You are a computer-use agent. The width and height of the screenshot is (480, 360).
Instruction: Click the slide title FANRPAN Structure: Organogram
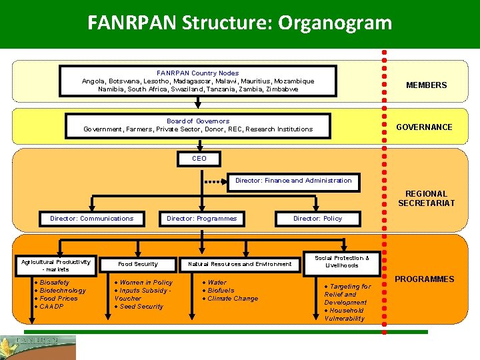click(239, 23)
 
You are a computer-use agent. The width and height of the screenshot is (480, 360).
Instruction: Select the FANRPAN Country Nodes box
click(198, 81)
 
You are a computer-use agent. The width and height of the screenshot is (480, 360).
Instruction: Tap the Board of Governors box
click(198, 125)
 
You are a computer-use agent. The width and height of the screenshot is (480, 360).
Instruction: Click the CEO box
click(199, 159)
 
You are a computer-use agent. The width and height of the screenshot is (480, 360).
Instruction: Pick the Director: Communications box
click(91, 219)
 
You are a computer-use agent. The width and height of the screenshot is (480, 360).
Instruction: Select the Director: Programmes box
click(201, 219)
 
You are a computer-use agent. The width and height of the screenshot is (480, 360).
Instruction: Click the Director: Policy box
click(317, 219)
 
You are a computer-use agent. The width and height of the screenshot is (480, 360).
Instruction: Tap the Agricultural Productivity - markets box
click(56, 265)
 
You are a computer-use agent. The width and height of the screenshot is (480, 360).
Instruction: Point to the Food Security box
click(138, 264)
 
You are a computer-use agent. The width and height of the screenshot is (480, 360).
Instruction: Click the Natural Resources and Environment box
click(239, 264)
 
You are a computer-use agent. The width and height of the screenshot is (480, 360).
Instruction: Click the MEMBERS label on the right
click(427, 85)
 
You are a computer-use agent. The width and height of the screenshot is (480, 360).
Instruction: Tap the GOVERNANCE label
click(424, 127)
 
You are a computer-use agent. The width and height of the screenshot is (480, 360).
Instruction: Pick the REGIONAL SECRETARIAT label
click(426, 199)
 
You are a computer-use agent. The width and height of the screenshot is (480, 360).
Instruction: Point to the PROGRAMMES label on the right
click(424, 279)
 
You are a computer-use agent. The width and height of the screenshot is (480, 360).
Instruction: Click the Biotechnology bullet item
click(63, 291)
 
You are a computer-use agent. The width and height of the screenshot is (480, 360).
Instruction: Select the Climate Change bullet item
click(233, 299)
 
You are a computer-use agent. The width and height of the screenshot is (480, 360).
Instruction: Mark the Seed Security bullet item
click(141, 307)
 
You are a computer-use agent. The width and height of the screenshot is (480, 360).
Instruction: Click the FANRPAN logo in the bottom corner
click(38, 347)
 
